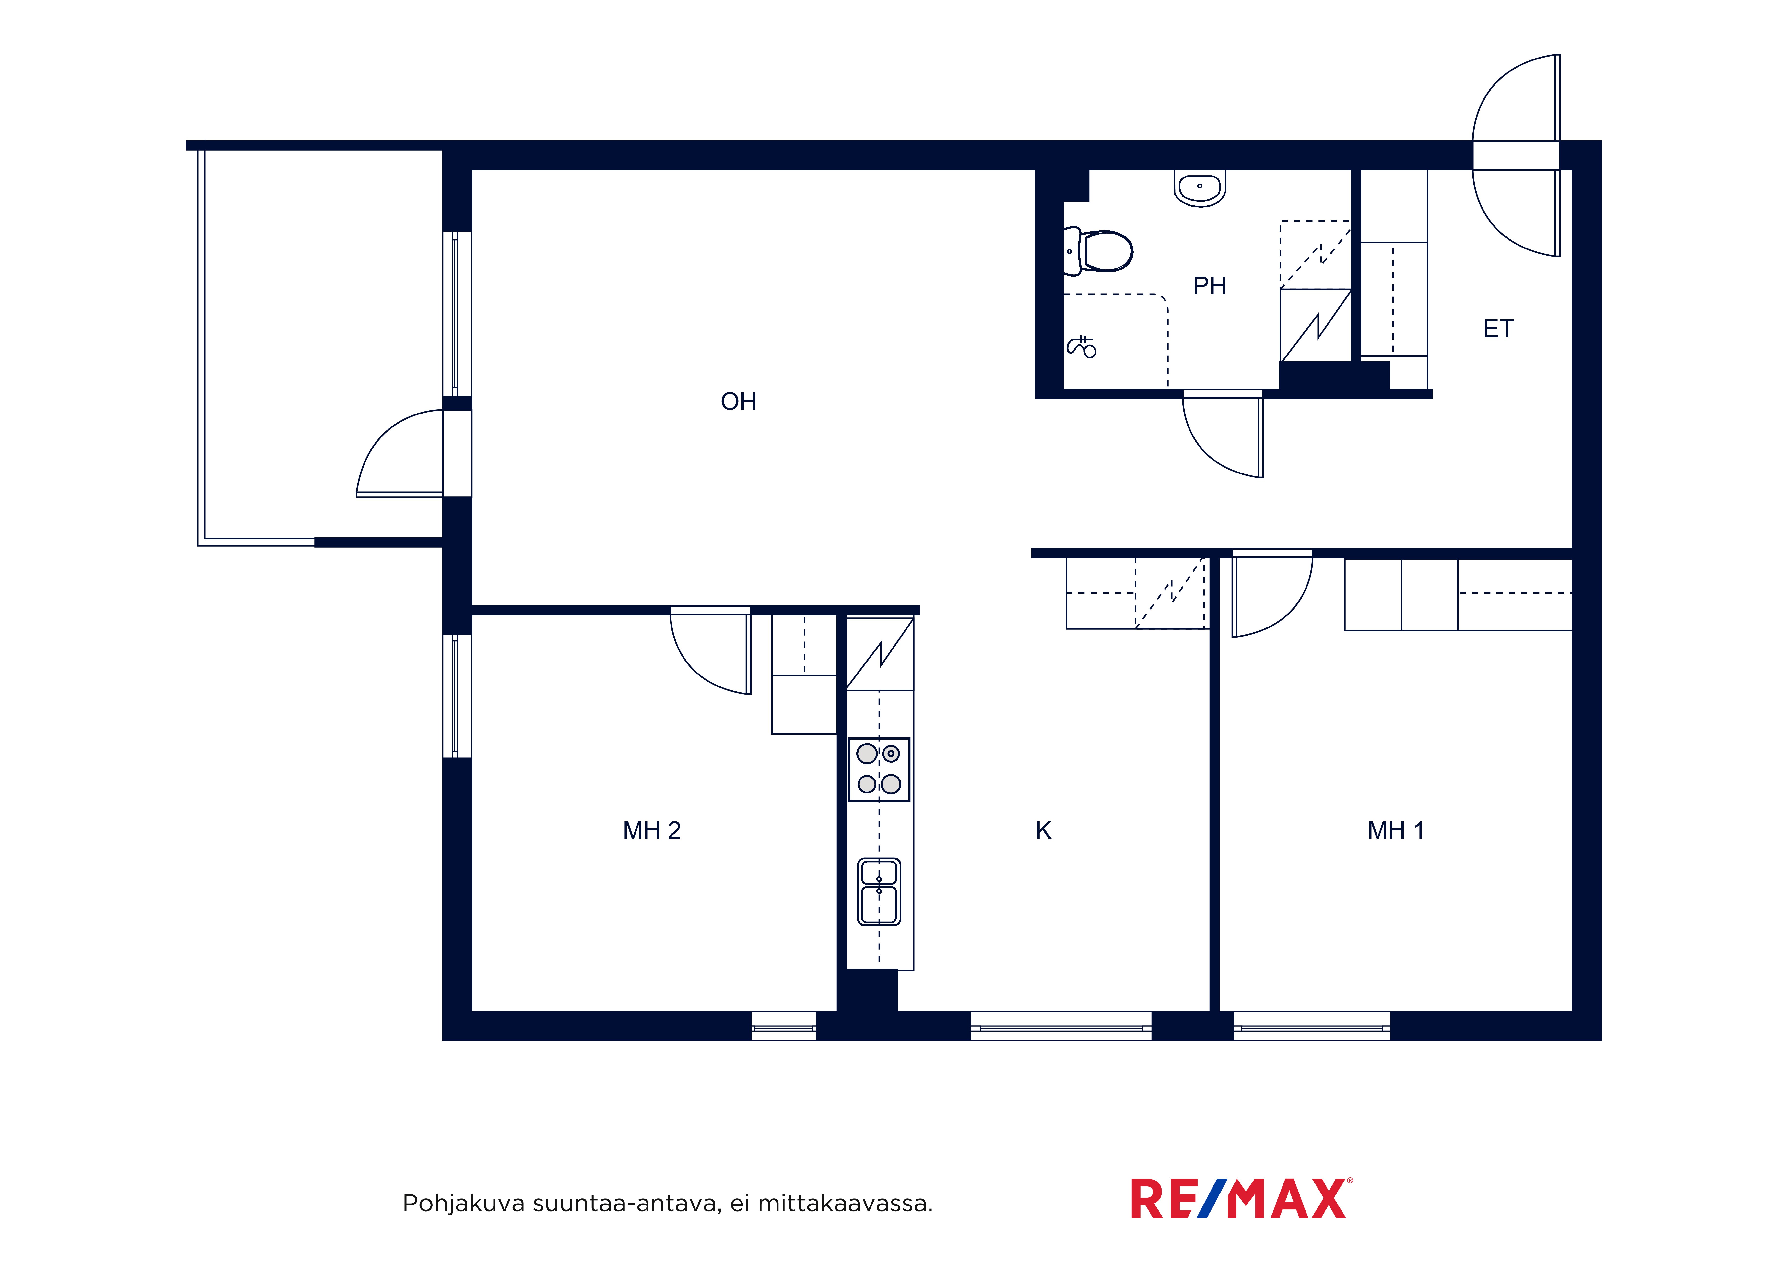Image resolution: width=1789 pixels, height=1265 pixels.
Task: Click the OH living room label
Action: (738, 402)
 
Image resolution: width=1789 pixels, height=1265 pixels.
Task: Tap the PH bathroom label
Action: (1209, 286)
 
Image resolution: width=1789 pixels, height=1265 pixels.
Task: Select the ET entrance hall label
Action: (1498, 329)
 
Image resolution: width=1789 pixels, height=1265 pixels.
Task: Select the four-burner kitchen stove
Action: (879, 769)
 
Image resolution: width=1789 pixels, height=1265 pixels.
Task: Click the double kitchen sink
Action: (879, 892)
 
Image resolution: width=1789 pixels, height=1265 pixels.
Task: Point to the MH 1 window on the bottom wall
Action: (1312, 1026)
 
